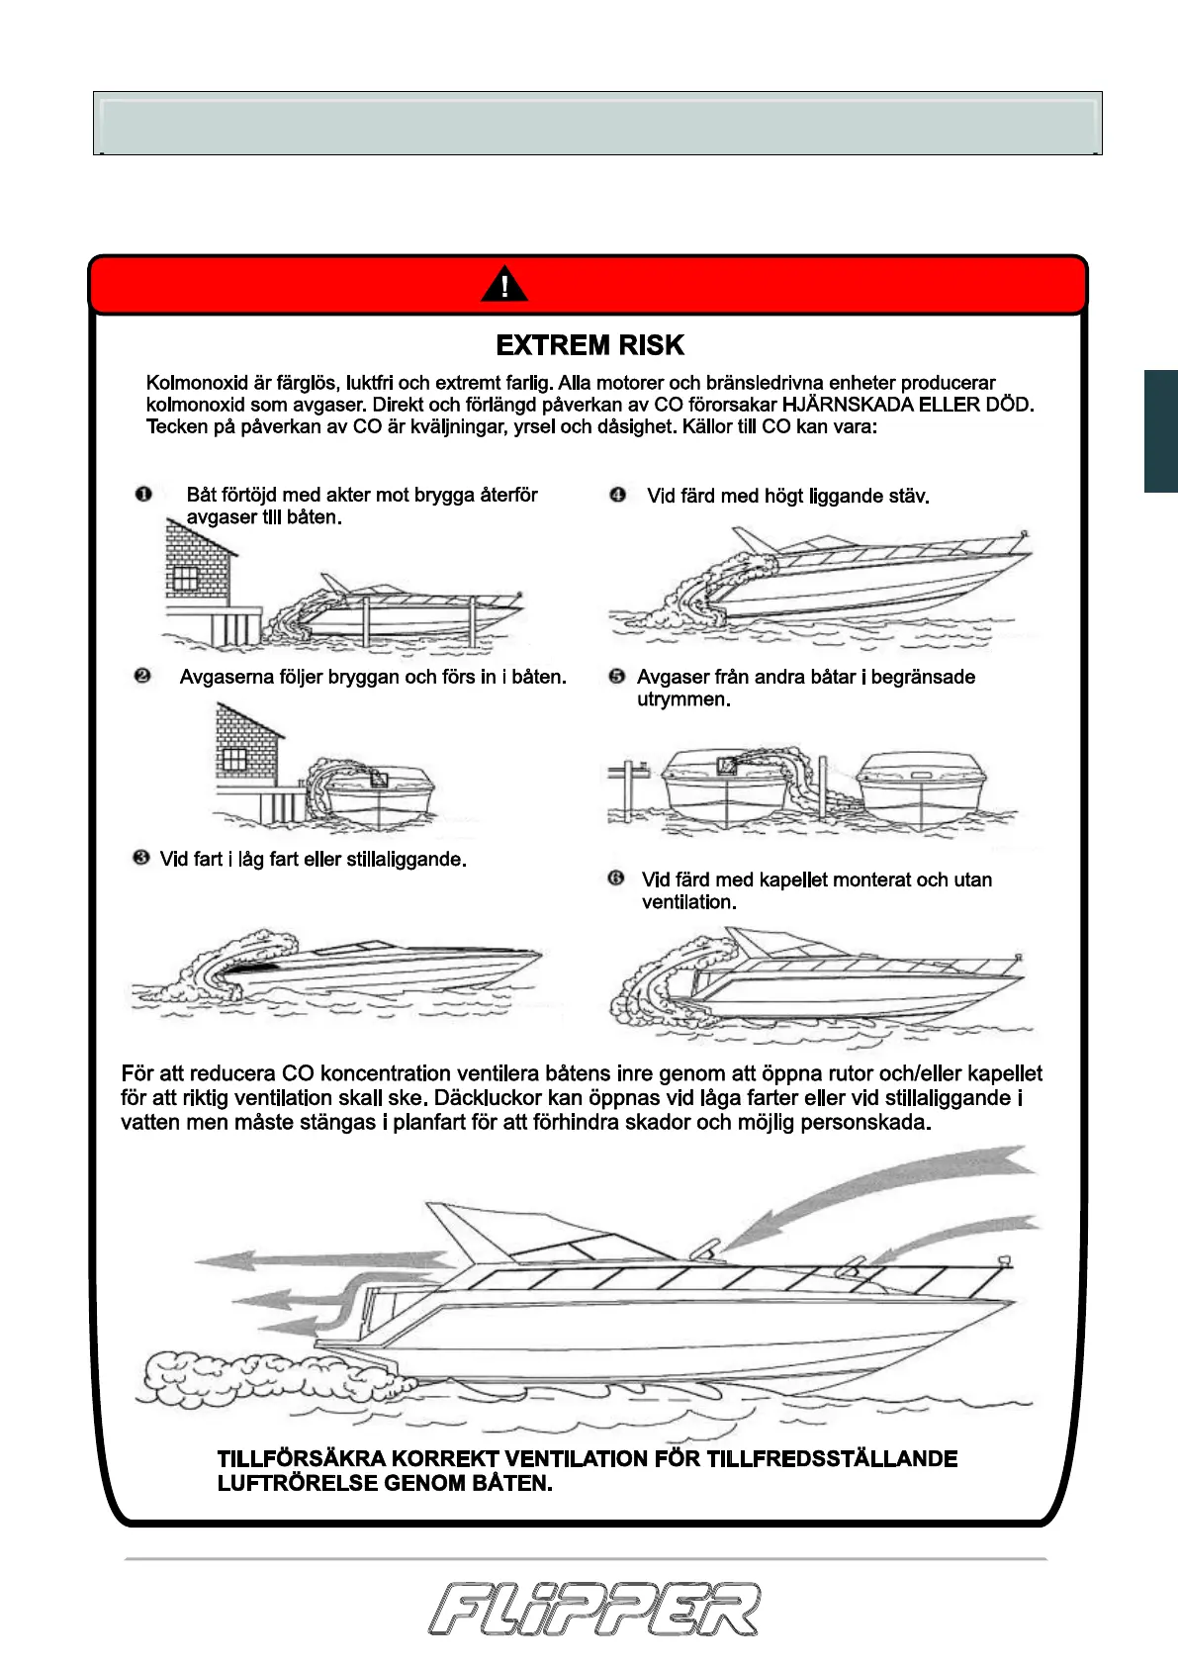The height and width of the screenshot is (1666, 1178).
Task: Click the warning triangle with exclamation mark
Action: pos(504,285)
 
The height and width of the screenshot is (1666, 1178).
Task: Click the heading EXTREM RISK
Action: pos(589,345)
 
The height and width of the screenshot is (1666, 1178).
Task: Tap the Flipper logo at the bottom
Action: pos(594,1609)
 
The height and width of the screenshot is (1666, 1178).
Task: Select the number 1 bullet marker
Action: pos(143,494)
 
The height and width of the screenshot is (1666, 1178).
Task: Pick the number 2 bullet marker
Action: pos(142,676)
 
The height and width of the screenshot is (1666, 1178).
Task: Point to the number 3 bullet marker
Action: pos(141,857)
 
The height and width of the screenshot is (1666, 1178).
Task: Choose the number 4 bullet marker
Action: pos(618,495)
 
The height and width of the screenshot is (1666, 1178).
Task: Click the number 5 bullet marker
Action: pos(617,677)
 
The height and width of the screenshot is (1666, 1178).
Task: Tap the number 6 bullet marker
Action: pos(616,879)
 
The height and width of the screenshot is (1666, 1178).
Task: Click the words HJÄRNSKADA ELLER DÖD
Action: pos(907,405)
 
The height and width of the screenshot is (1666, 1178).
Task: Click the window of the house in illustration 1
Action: pos(186,578)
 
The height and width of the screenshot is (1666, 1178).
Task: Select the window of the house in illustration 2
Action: pos(233,759)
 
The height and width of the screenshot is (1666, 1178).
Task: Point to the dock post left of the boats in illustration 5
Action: pos(627,787)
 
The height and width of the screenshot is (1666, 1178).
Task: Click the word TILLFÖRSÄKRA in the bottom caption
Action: pos(301,1459)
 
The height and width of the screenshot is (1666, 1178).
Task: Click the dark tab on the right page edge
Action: pos(1160,430)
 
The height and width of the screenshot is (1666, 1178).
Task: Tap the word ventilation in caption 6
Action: pos(687,902)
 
